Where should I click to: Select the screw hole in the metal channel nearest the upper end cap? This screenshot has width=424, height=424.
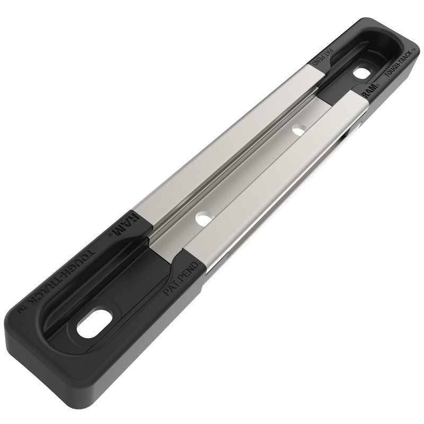pyautogui.click(x=298, y=129)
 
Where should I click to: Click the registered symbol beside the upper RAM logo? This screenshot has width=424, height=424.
pyautogui.click(x=378, y=84)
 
